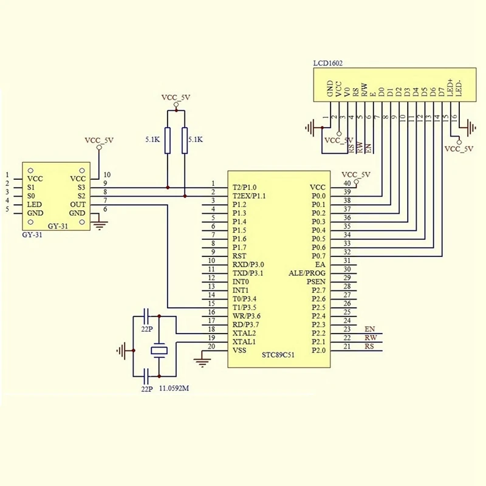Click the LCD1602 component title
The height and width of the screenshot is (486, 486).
[327, 63]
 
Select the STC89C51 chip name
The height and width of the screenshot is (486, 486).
[278, 355]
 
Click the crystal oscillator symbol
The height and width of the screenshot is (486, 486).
[159, 350]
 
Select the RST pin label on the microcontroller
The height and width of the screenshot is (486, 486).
[240, 256]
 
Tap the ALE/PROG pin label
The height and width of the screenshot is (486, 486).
[307, 273]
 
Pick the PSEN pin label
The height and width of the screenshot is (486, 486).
[316, 282]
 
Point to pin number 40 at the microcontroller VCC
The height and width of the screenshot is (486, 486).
[347, 183]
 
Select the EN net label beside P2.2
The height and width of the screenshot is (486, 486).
[369, 329]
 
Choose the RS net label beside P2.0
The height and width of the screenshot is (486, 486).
[369, 346]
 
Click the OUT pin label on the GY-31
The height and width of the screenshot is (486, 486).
[78, 205]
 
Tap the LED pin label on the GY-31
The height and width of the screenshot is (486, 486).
[34, 205]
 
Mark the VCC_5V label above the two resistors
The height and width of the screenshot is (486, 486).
[176, 97]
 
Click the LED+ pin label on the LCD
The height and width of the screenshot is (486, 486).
[450, 89]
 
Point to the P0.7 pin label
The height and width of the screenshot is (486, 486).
[318, 256]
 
